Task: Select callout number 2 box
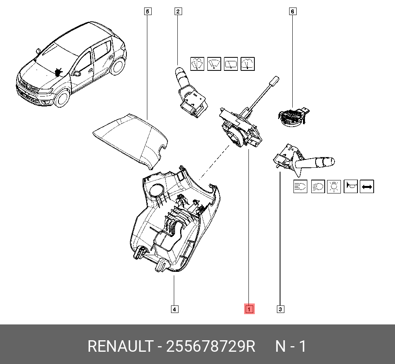pyautogui.click(x=178, y=11)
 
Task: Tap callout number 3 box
pyautogui.click(x=280, y=309)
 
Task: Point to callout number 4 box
pyautogui.click(x=174, y=309)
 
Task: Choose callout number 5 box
pyautogui.click(x=147, y=11)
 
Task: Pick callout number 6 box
pyautogui.click(x=292, y=11)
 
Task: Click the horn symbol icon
pyautogui.click(x=350, y=186)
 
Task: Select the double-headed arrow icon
pyautogui.click(x=367, y=186)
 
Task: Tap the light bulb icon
pyautogui.click(x=334, y=186)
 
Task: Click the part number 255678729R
pyautogui.click(x=211, y=347)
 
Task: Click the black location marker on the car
pyautogui.click(x=59, y=72)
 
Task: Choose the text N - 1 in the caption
pyautogui.click(x=290, y=347)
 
